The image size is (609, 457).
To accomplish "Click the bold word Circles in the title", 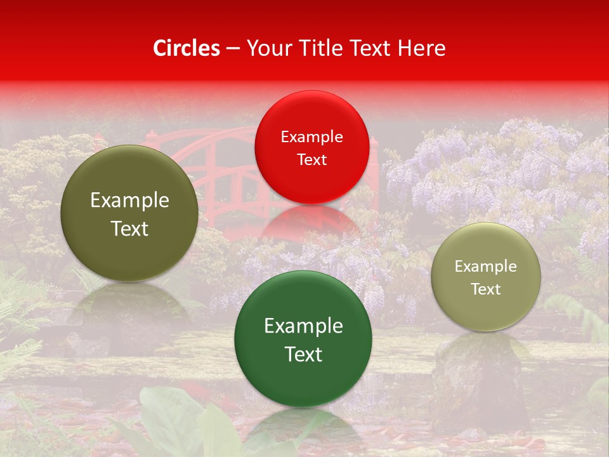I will [x=187, y=48].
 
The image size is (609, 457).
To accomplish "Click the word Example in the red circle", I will [x=311, y=137].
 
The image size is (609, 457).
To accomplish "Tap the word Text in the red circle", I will [x=311, y=160].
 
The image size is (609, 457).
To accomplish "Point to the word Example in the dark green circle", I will [x=303, y=326].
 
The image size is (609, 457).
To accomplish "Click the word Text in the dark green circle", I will [x=303, y=354].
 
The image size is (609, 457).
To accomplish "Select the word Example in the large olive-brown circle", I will [x=129, y=201].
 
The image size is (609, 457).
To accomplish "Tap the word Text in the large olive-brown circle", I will [x=129, y=228].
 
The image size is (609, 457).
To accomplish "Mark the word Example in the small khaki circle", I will [x=486, y=267].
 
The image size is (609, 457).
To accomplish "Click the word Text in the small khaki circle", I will [x=486, y=289].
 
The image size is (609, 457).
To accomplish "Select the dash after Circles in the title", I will [x=233, y=49].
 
